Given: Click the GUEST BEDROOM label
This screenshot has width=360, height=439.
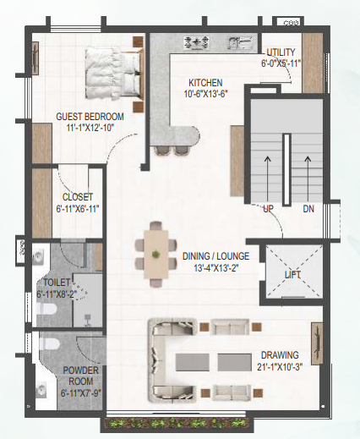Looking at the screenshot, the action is [90, 117].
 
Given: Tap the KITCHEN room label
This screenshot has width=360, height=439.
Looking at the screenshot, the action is [205, 83].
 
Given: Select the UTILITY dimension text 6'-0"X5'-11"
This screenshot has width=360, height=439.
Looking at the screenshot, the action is [281, 63].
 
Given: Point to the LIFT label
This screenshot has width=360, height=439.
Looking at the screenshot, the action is [292, 275].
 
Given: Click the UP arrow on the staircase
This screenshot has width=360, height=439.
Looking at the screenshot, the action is [268, 179].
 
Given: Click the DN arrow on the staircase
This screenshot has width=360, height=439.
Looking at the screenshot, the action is [308, 179].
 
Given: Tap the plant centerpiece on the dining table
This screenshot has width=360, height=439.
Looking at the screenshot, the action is [155, 254].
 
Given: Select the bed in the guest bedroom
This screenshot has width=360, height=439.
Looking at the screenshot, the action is [112, 74].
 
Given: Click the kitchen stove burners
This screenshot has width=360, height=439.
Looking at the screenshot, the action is [197, 42].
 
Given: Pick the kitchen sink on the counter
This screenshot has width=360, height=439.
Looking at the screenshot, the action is [241, 42].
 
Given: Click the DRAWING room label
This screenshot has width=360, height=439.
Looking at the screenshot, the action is [280, 355].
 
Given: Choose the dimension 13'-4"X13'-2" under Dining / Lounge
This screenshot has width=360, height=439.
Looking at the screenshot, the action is [216, 268].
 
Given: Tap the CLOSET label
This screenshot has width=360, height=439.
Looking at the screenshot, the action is [78, 197].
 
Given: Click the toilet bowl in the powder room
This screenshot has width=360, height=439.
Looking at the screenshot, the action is [50, 343].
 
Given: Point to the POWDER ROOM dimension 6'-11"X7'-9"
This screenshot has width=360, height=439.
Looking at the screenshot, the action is [81, 392].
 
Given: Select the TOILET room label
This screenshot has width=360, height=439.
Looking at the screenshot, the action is [57, 283].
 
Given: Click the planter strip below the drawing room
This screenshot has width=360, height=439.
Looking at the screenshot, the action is [177, 424].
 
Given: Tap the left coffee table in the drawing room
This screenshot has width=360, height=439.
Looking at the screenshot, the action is [193, 362].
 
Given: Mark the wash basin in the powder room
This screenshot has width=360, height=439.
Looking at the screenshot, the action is [41, 389].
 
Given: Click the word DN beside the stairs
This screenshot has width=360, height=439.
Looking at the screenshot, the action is [308, 209].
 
